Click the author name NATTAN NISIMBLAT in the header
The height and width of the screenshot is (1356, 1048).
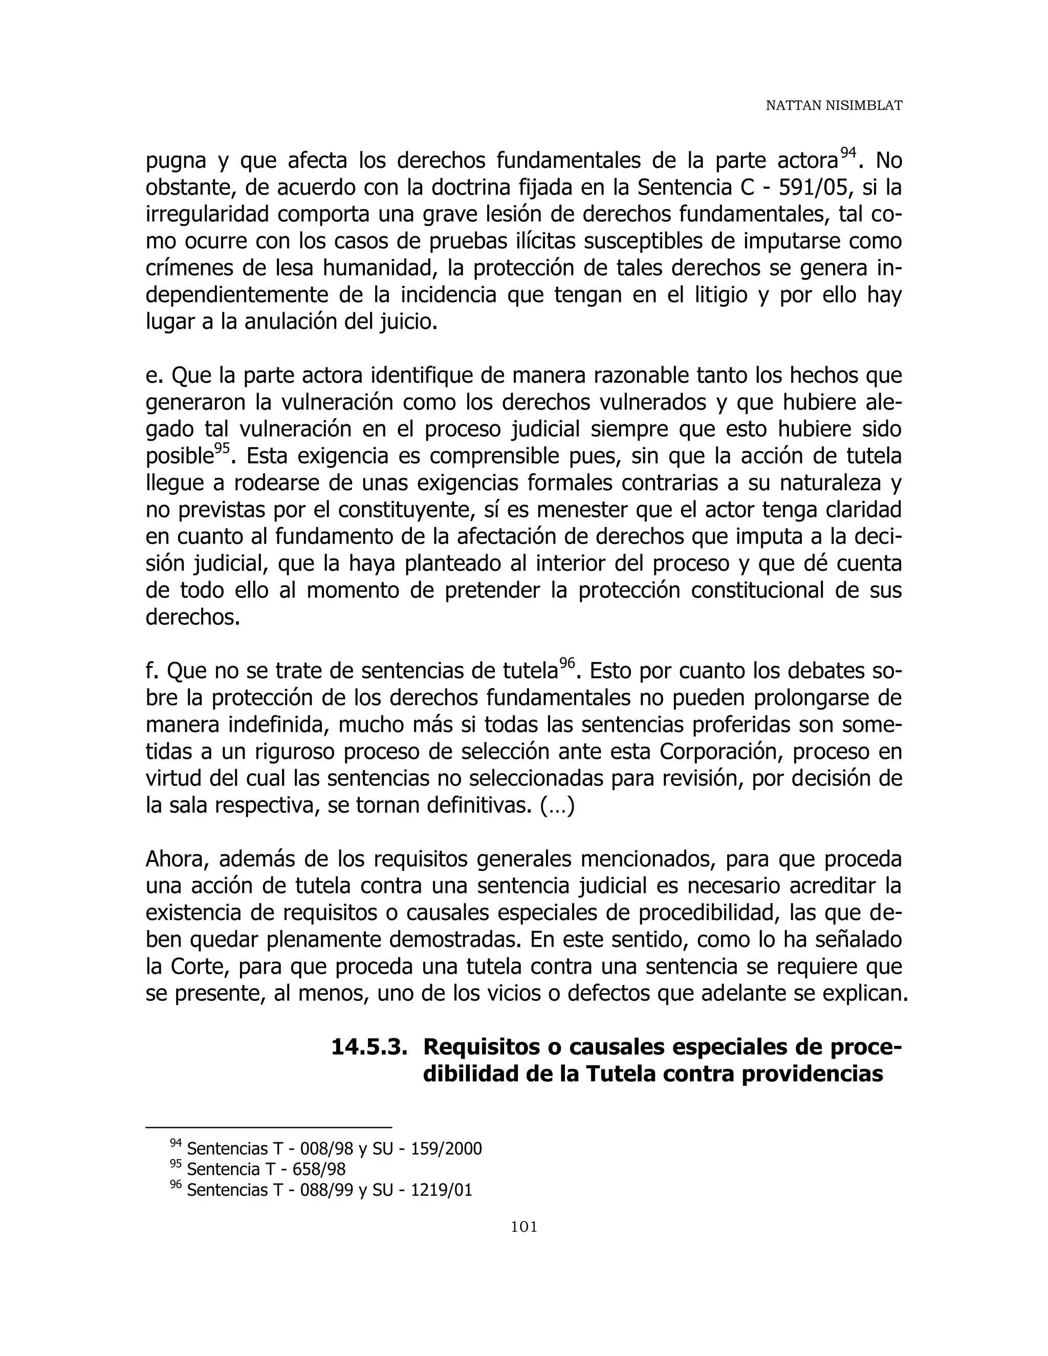coord(833,106)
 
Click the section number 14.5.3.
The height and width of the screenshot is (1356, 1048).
coord(369,1047)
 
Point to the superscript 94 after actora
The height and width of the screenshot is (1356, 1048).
coord(848,152)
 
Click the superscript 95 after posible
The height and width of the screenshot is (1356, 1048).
coord(222,448)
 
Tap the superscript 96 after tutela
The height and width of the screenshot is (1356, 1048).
coord(566,663)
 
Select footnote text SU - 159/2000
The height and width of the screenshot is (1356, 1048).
coord(427,1149)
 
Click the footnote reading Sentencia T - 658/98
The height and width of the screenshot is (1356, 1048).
coord(266,1169)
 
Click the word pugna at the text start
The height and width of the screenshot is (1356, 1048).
coord(176,161)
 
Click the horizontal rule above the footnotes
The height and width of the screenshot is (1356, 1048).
coord(268,1127)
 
